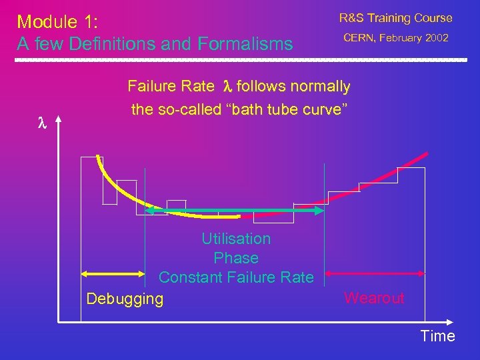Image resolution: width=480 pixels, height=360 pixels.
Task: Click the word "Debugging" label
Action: click(125, 298)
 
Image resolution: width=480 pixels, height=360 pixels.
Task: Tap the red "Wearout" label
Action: click(374, 298)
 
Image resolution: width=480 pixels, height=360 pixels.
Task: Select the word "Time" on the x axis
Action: click(437, 336)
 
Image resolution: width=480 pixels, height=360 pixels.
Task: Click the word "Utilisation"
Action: click(236, 239)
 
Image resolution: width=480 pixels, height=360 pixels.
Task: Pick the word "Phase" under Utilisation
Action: click(236, 258)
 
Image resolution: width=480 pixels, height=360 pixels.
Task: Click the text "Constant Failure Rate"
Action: click(236, 277)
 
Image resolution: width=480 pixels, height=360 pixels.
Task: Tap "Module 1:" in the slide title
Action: click(57, 21)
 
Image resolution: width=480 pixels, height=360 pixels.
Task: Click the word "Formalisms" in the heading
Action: click(245, 44)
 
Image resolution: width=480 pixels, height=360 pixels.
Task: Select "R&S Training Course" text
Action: click(395, 18)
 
